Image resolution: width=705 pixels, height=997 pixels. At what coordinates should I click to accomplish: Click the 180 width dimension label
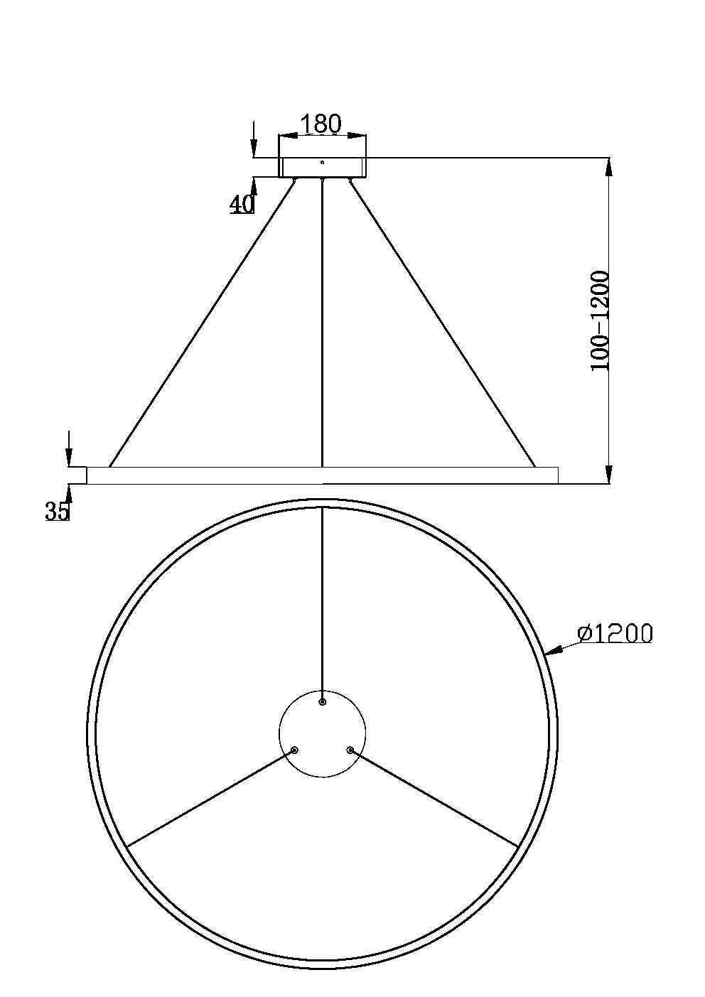[x=321, y=124]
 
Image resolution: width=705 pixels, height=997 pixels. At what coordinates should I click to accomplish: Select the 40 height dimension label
[x=242, y=204]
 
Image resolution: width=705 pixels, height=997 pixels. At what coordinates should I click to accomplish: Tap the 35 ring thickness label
[x=57, y=511]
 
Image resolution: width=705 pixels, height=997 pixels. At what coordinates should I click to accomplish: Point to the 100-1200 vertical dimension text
[x=600, y=320]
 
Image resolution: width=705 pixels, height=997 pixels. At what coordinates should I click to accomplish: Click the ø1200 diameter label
[x=615, y=633]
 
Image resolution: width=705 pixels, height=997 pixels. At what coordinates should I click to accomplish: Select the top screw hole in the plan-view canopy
[x=322, y=701]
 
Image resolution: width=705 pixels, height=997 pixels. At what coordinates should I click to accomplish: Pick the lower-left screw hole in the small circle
[x=294, y=750]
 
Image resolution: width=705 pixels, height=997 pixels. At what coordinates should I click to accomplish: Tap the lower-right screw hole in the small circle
[x=350, y=750]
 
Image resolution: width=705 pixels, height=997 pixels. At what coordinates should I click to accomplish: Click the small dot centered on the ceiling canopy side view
[x=322, y=163]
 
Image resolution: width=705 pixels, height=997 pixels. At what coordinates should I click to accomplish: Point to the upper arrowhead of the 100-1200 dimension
[x=608, y=166]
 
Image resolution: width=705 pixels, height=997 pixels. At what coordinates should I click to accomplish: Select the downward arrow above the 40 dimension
[x=253, y=146]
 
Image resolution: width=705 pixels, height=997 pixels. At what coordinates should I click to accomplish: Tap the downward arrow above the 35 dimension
[x=68, y=455]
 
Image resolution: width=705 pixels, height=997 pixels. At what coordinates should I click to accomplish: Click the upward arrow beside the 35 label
[x=69, y=493]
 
